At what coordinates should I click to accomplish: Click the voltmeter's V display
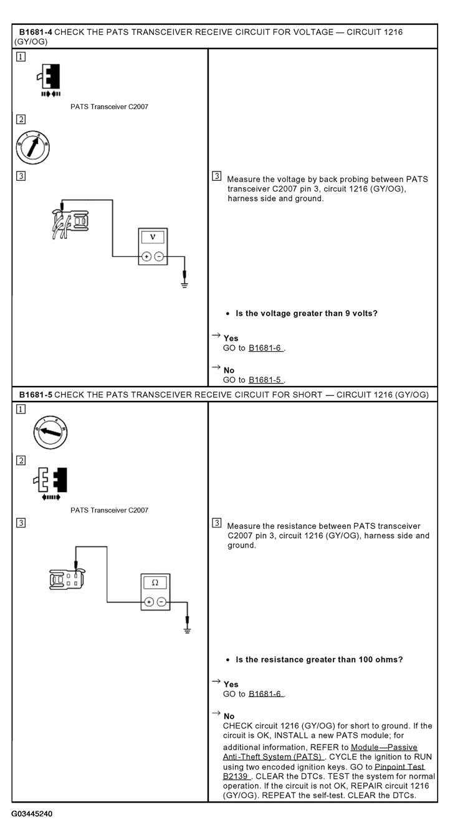(x=153, y=237)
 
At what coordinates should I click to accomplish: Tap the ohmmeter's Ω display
(x=155, y=582)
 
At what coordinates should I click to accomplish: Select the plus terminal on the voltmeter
(x=146, y=256)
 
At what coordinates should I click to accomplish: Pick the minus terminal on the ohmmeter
(x=161, y=602)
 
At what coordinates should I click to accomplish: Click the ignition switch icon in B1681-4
(x=33, y=147)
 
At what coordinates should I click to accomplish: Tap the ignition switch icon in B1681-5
(x=50, y=432)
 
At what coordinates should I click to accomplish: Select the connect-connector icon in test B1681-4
(x=49, y=80)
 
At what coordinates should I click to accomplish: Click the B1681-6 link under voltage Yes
(x=266, y=348)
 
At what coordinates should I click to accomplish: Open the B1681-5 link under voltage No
(x=266, y=380)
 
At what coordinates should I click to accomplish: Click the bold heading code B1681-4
(x=36, y=32)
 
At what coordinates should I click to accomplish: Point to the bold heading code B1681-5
(x=36, y=395)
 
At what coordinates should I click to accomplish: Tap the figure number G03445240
(x=32, y=813)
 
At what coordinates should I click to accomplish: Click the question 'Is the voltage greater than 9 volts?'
(x=307, y=313)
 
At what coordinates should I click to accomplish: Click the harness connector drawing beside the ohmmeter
(x=67, y=579)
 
